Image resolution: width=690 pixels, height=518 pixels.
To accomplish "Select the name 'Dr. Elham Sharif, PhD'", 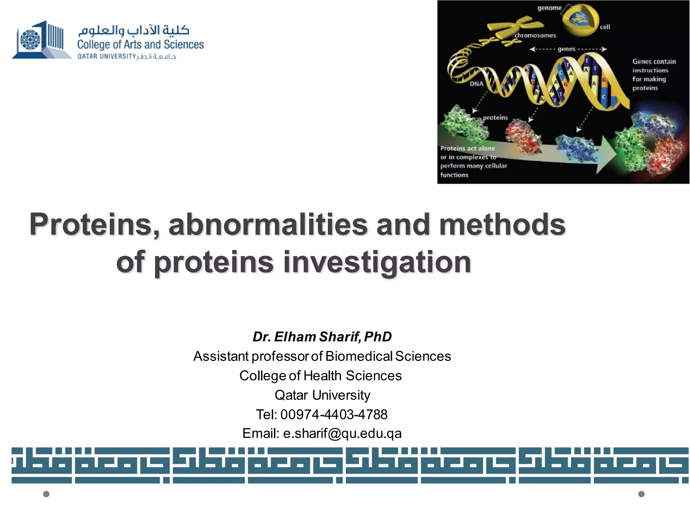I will pyautogui.click(x=322, y=337).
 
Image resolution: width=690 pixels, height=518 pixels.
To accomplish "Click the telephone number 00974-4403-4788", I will pyautogui.click(x=334, y=414).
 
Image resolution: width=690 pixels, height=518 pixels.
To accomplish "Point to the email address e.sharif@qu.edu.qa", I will pyautogui.click(x=342, y=433).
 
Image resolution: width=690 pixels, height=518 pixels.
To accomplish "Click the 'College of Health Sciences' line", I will pyautogui.click(x=320, y=375).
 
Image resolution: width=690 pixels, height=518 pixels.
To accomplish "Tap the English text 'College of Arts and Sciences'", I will pyautogui.click(x=140, y=45).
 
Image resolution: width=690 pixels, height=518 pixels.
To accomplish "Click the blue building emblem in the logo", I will pyautogui.click(x=40, y=40).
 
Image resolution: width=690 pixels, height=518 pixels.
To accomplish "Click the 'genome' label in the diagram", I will pyautogui.click(x=549, y=8).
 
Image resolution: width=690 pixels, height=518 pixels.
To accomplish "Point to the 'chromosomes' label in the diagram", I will pyautogui.click(x=535, y=35).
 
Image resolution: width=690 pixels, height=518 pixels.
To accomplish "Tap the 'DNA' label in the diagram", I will pyautogui.click(x=476, y=84).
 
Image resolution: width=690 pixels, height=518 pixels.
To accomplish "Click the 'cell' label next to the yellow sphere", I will pyautogui.click(x=605, y=27).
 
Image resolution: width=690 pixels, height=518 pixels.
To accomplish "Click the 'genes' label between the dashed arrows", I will pyautogui.click(x=566, y=49).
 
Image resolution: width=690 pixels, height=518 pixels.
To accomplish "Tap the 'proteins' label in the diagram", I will pyautogui.click(x=495, y=118).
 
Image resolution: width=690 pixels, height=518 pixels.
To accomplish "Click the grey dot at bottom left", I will pyautogui.click(x=46, y=494).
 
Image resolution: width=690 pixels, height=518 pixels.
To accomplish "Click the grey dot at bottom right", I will pyautogui.click(x=641, y=494).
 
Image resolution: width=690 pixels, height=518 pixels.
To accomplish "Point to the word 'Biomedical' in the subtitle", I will pyautogui.click(x=359, y=356).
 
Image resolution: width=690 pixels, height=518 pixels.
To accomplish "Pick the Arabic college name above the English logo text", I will pyautogui.click(x=133, y=30).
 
